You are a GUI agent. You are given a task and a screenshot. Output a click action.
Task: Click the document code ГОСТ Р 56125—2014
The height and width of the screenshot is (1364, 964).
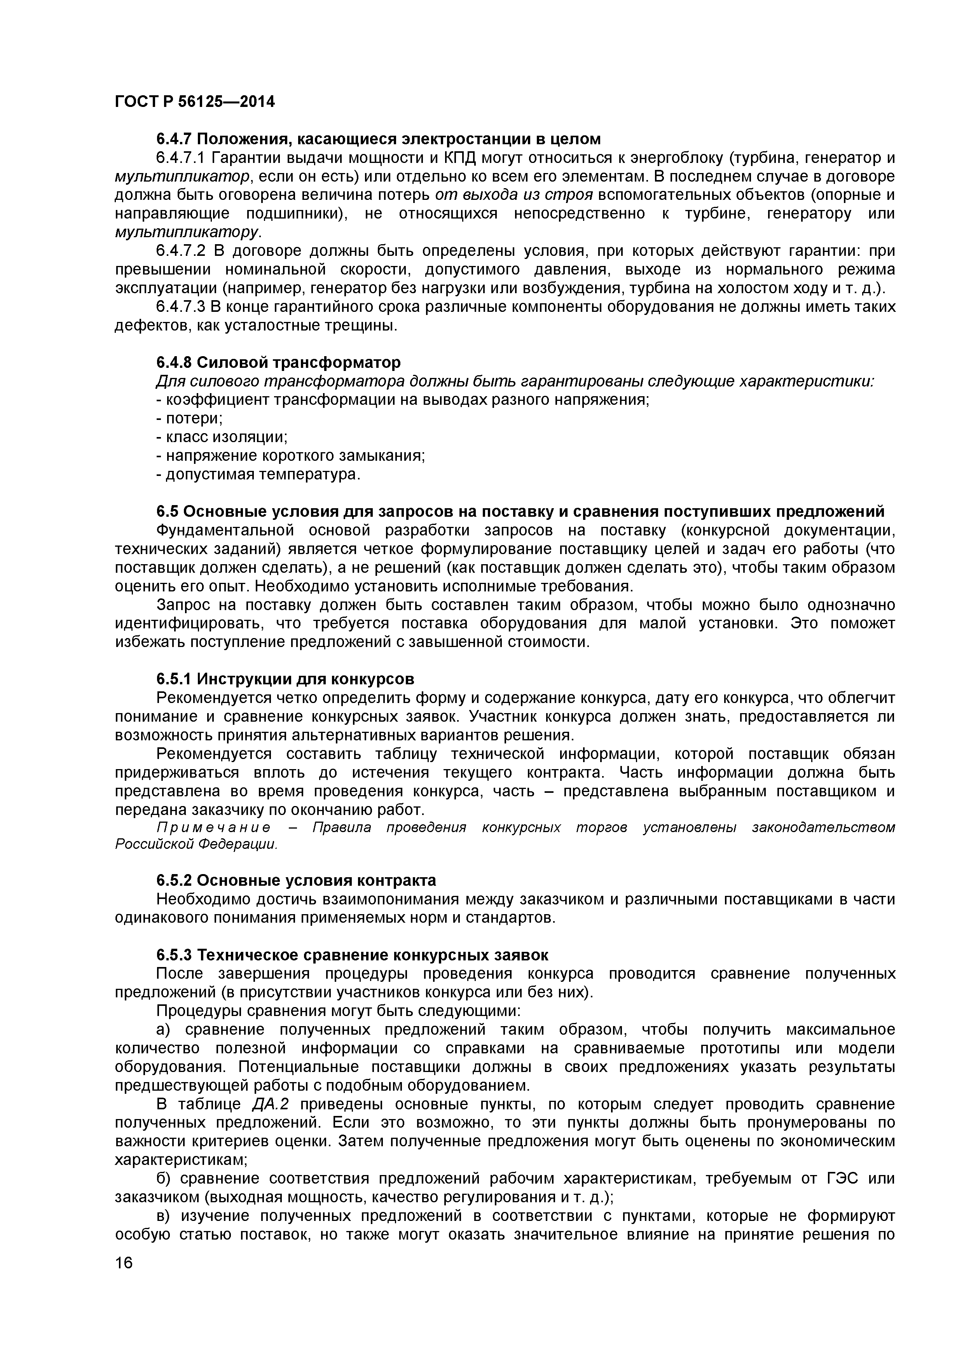195,102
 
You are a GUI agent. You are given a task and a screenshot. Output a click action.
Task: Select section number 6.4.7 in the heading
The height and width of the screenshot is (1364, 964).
174,139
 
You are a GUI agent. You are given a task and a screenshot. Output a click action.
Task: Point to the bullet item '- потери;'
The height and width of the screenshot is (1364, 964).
189,418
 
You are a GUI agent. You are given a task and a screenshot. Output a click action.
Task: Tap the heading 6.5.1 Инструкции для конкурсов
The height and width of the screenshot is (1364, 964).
285,679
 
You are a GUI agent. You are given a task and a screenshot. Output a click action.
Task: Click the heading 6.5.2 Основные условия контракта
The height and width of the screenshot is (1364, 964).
296,880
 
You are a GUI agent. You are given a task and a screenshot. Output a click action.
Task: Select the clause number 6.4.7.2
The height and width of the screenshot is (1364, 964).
181,251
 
